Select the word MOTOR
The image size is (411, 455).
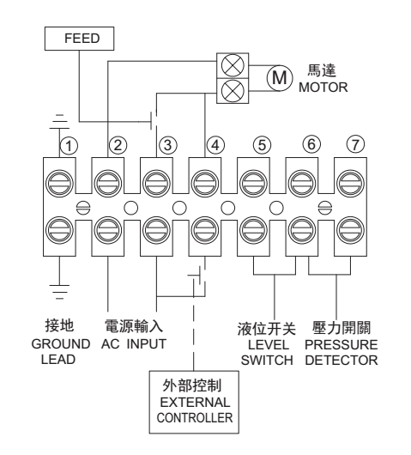323,88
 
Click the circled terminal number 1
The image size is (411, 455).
69,146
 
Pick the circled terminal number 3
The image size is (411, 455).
167,145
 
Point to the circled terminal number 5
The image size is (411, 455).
262,145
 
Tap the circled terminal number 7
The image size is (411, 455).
355,144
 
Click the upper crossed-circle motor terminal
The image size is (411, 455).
233,65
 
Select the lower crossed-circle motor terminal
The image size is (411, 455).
233,90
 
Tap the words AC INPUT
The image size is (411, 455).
133,344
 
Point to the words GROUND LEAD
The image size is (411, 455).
60,352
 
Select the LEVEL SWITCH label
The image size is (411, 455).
267,353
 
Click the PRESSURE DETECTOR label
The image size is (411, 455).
341,353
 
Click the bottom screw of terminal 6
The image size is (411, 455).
302,231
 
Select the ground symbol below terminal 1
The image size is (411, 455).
59,292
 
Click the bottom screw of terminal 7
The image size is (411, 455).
350,231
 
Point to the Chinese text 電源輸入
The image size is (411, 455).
134,326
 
